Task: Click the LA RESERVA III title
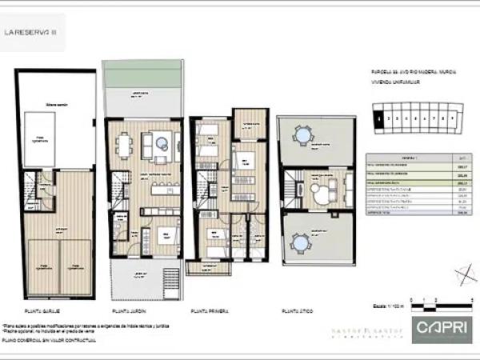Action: click(x=32, y=33)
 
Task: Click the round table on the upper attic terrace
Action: click(x=302, y=136)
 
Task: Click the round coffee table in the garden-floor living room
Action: click(x=162, y=144)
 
